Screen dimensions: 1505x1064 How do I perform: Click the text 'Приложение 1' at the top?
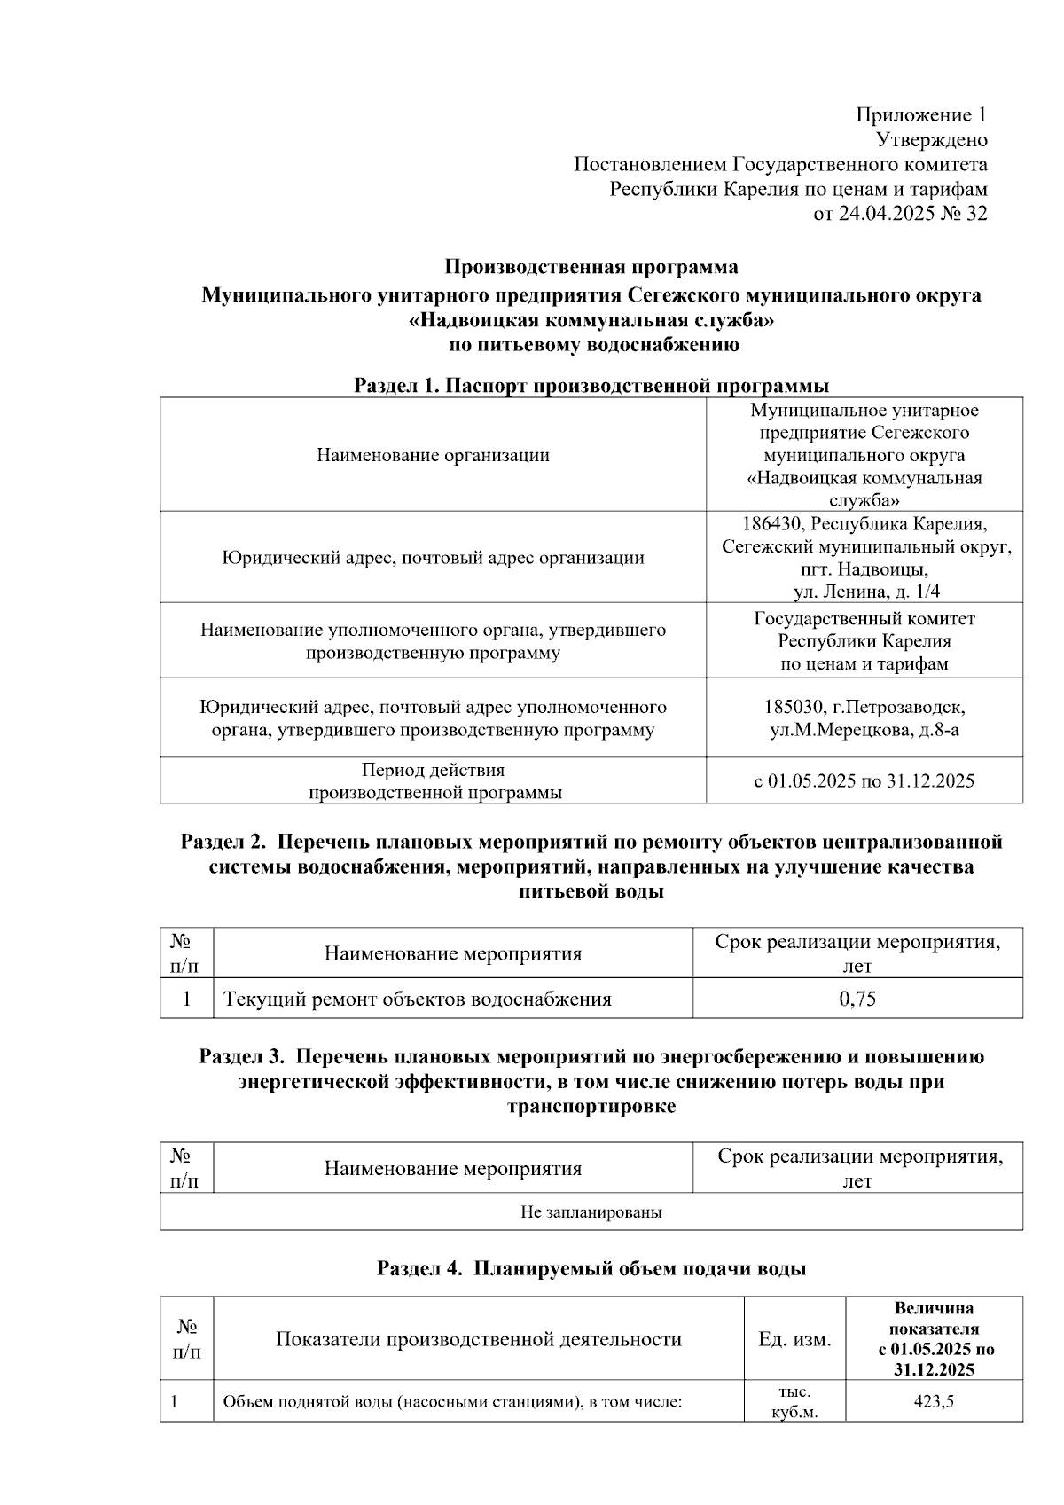[920, 115]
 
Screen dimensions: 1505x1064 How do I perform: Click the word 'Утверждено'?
[931, 140]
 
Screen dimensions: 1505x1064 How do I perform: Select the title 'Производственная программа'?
[591, 267]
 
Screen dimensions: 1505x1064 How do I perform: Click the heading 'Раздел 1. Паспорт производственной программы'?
[591, 386]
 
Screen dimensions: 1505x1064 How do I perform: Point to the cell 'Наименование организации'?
[433, 456]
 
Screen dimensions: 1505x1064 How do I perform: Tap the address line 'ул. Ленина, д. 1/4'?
[865, 592]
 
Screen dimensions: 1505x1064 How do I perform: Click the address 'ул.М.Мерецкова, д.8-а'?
[864, 731]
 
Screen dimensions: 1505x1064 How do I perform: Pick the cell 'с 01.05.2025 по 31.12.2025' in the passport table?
[864, 781]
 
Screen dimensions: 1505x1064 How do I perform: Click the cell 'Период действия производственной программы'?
[434, 781]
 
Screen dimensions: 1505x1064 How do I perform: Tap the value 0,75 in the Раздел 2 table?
[857, 999]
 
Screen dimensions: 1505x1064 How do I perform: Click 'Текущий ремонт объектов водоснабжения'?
[418, 999]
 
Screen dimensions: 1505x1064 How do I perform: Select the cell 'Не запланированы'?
[591, 1212]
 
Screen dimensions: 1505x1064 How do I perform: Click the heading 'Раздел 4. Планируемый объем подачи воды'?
[591, 1269]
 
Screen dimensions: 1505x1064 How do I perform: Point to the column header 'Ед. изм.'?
[794, 1340]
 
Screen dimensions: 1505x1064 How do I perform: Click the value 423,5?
[933, 1402]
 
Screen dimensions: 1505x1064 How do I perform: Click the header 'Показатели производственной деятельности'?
[479, 1340]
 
